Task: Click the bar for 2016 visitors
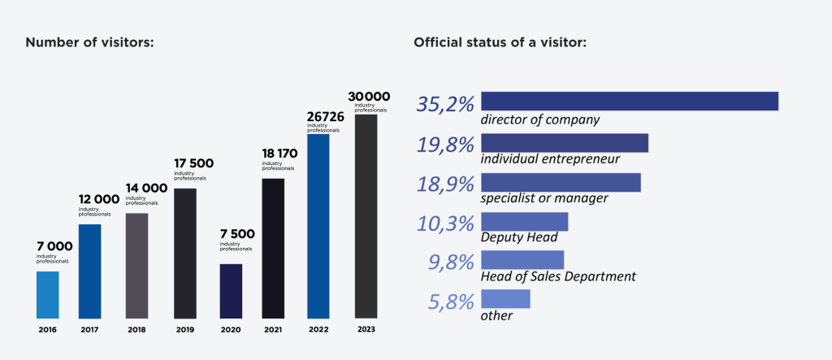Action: tap(48, 294)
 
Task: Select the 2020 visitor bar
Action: tap(231, 290)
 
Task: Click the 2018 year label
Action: tap(136, 330)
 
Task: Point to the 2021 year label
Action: tap(273, 330)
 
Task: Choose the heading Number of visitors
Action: tap(89, 42)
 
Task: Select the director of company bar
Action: tap(630, 101)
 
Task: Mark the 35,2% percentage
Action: tap(445, 103)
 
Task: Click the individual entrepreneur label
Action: tap(550, 159)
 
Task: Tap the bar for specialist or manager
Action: tap(561, 182)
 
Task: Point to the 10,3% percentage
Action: tap(445, 223)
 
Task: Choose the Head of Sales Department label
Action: tap(558, 276)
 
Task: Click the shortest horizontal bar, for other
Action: tap(505, 298)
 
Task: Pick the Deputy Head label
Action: tap(519, 237)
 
